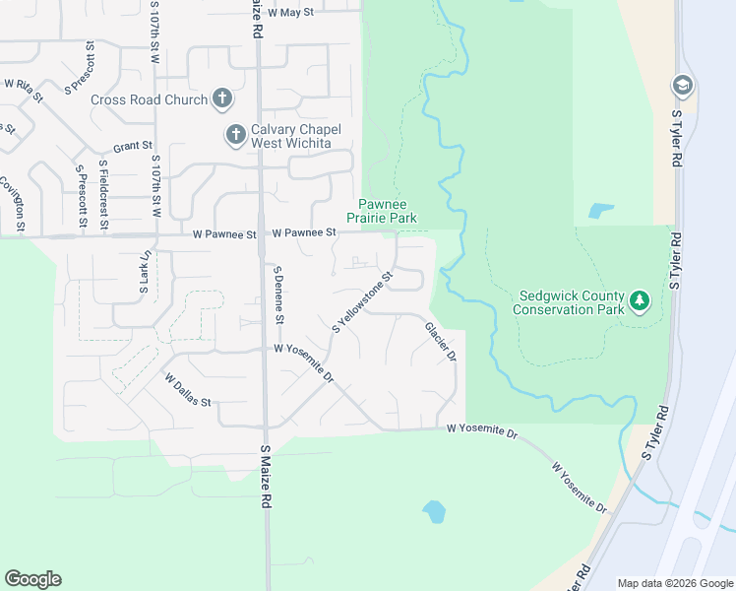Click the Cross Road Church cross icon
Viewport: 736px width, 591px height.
[223, 98]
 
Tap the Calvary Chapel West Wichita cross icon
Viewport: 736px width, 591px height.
[235, 134]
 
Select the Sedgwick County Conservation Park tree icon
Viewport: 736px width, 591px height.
[640, 298]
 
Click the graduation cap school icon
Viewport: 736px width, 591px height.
[681, 87]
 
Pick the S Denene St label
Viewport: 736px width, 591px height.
[279, 295]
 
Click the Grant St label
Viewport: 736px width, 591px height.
[132, 147]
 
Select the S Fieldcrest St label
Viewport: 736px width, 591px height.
[103, 195]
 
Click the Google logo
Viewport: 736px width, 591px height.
[32, 579]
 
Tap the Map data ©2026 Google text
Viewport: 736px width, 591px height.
[674, 583]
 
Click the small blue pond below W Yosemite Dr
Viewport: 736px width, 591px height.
[433, 511]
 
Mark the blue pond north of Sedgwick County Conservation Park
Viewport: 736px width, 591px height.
[599, 211]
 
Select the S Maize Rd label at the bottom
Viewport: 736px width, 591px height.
[266, 476]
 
